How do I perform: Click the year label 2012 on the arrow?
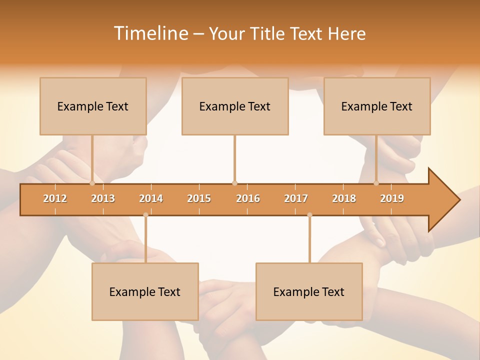[x=55, y=199]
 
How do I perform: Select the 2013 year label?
[x=103, y=199]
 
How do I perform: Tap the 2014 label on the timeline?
[x=151, y=199]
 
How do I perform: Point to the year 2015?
[x=199, y=199]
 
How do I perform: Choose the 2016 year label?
[x=248, y=199]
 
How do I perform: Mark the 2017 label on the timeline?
[x=296, y=199]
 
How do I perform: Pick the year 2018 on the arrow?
[x=344, y=199]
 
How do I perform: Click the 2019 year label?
[x=392, y=199]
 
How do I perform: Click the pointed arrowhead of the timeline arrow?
[x=447, y=200]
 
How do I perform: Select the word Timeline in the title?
[x=150, y=33]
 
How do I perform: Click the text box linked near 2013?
[x=93, y=106]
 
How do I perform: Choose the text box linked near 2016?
[x=235, y=106]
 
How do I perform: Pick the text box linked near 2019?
[x=377, y=106]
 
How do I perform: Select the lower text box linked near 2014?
[x=145, y=291]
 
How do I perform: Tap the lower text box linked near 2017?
[x=309, y=291]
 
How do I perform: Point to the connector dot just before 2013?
[x=92, y=183]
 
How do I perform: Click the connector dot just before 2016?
[x=234, y=183]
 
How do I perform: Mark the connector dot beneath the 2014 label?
[x=145, y=215]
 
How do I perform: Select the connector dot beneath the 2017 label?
[x=309, y=215]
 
